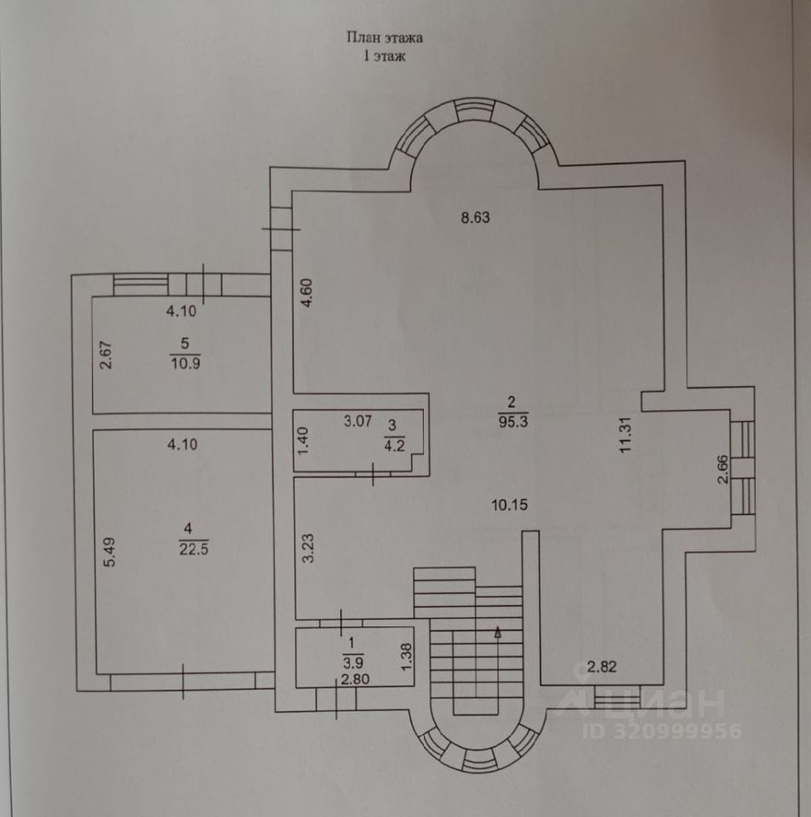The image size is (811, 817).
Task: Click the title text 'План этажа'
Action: click(x=384, y=37)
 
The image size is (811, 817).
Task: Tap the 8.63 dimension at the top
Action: click(x=477, y=217)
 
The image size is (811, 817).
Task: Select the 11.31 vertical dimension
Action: click(x=627, y=435)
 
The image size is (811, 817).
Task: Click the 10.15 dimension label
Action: click(x=511, y=504)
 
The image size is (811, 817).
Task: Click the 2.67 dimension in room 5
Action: click(x=106, y=355)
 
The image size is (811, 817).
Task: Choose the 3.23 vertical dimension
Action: click(x=310, y=548)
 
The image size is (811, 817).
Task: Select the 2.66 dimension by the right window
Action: click(x=723, y=470)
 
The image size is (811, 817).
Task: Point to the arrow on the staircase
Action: click(x=498, y=631)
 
